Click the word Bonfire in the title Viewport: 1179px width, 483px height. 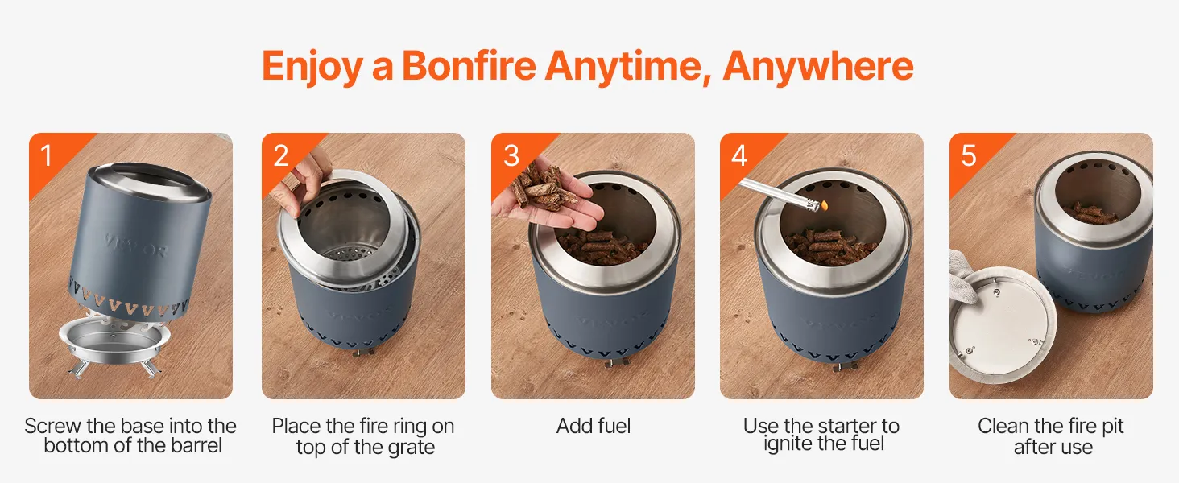(x=469, y=66)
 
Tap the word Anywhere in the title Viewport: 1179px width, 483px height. (x=818, y=66)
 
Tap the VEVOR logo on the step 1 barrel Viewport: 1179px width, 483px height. (x=136, y=246)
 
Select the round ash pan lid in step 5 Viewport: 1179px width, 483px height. (x=1003, y=325)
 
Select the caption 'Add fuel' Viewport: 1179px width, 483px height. (x=594, y=426)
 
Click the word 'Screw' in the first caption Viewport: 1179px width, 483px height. (x=52, y=426)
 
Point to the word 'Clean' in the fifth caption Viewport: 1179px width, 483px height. (x=1003, y=426)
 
